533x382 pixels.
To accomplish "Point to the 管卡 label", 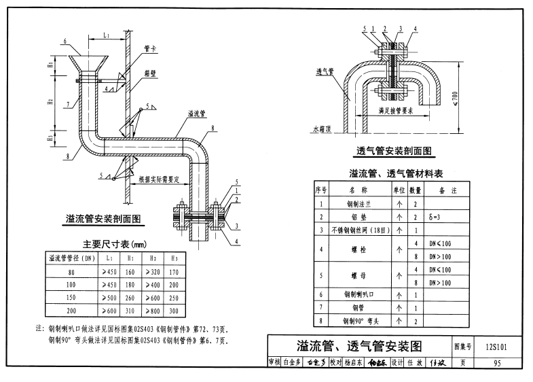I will click(151, 48).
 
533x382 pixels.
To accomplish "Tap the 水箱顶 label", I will click(320, 127).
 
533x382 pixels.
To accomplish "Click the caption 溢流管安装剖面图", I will click(103, 219).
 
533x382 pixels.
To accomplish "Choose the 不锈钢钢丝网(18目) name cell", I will click(357, 230).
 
